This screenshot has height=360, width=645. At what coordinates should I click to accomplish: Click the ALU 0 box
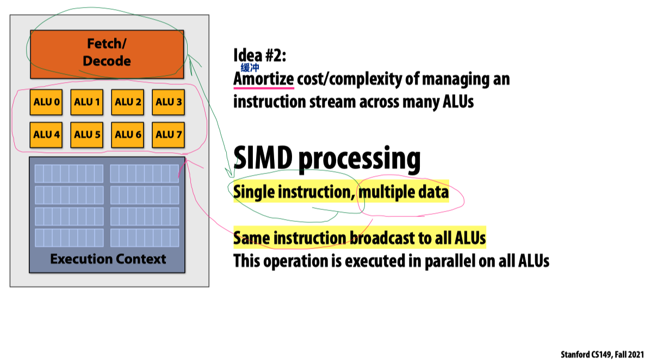(46, 102)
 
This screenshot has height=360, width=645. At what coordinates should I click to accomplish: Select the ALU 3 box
(168, 102)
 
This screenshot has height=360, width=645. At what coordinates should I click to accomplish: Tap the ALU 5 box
(87, 134)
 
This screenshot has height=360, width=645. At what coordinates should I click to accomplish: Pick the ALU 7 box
(168, 134)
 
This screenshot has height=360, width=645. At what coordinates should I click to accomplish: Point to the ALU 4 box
(46, 134)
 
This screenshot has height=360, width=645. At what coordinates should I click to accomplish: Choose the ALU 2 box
(128, 102)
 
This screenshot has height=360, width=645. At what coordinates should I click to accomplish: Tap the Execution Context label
(108, 259)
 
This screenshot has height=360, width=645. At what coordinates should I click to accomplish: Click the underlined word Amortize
(263, 79)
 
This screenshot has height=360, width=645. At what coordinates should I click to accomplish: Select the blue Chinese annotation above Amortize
(250, 68)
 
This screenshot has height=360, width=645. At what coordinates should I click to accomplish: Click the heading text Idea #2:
(259, 55)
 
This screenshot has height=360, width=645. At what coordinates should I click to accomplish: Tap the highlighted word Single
(253, 193)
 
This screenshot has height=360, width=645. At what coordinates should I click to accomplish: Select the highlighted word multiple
(387, 193)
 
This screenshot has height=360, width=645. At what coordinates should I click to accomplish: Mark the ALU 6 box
(128, 134)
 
